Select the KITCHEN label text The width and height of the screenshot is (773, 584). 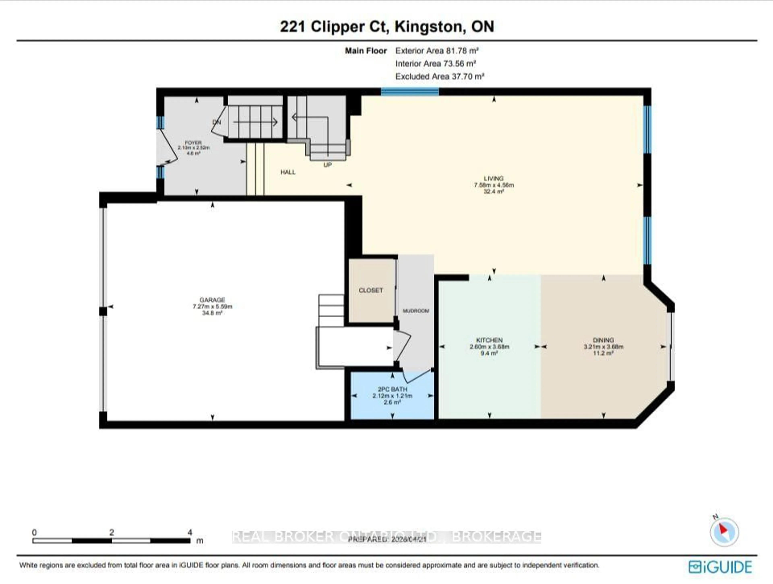point(489,340)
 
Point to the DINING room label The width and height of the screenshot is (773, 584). point(603,340)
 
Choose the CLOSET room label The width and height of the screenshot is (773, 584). point(371,290)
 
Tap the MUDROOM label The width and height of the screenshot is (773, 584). point(416,311)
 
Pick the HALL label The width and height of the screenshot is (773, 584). point(288,172)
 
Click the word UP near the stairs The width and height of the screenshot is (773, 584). point(328,165)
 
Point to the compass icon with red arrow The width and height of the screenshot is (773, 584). point(724,532)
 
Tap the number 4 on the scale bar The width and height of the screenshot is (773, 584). point(190,532)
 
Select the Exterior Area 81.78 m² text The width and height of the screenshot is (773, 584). point(437,51)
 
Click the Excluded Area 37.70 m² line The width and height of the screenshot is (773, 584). point(440,76)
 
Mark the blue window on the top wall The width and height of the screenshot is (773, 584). point(410,92)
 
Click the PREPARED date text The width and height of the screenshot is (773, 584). point(387,539)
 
